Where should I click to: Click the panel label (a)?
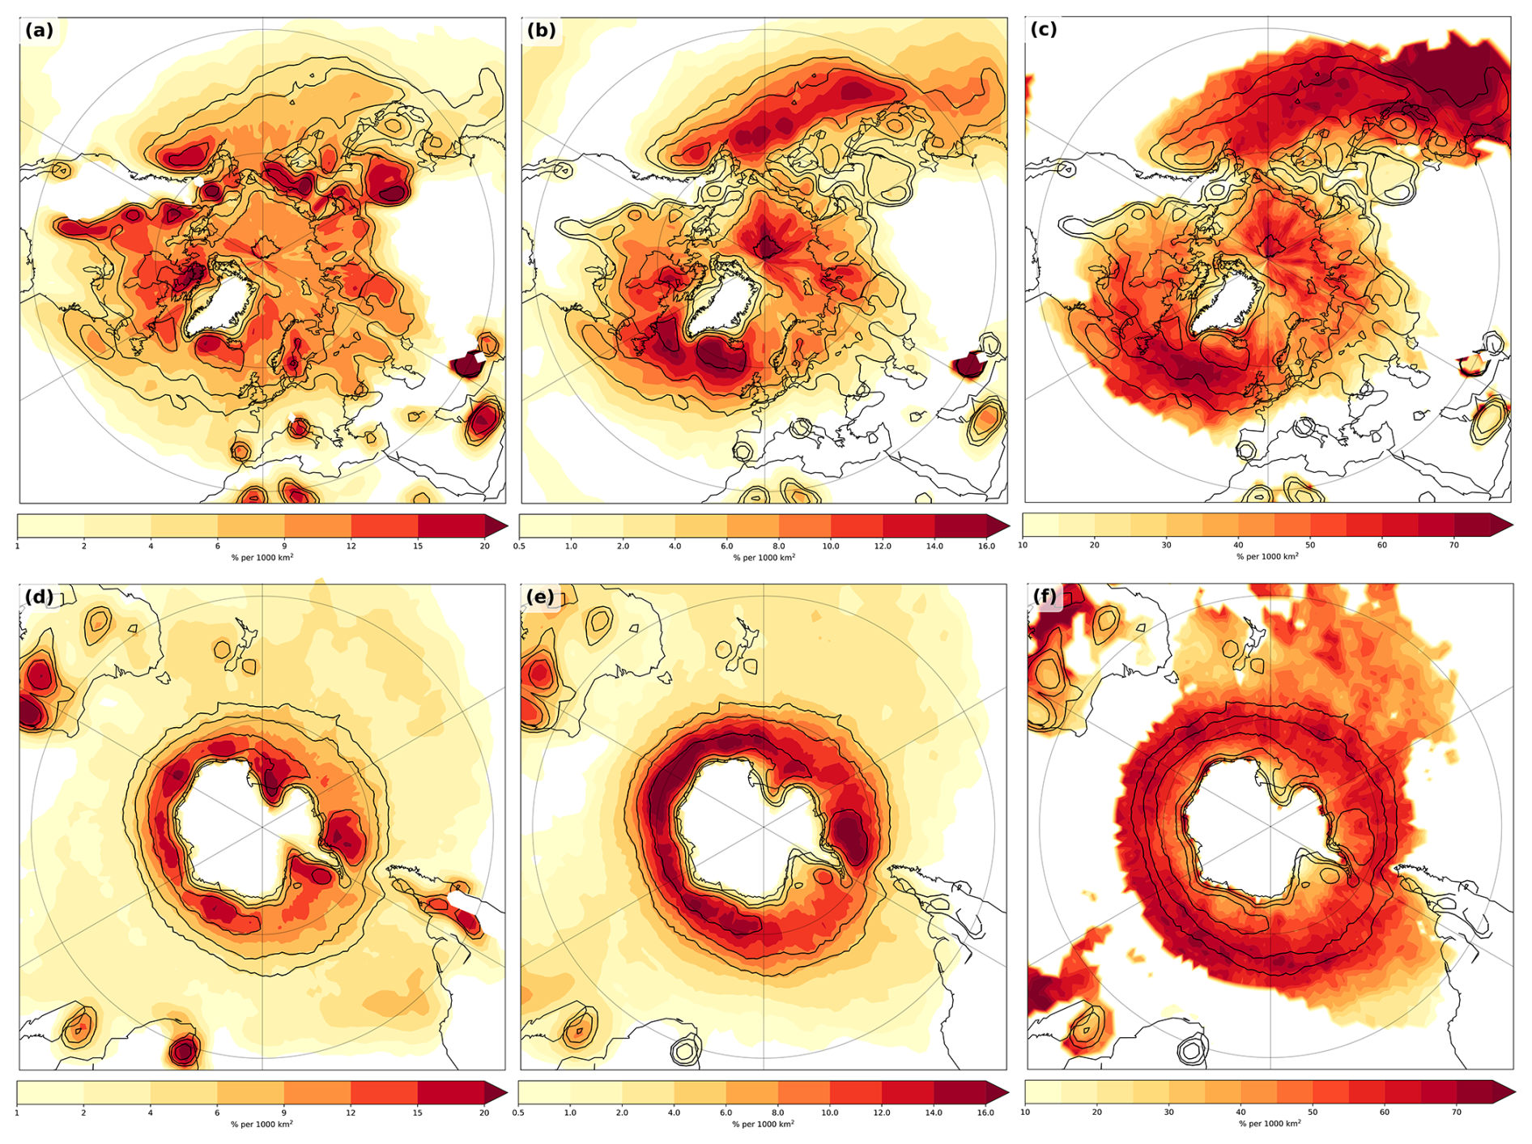[x=39, y=31]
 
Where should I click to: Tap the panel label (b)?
[x=541, y=31]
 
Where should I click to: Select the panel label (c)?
[x=1043, y=30]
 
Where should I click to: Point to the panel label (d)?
[x=39, y=598]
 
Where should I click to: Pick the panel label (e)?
[x=540, y=598]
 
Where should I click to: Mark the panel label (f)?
[x=1045, y=597]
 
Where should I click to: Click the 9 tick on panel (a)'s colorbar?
[x=284, y=546]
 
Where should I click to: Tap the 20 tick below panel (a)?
[x=484, y=546]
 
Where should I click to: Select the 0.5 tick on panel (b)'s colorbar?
[x=519, y=546]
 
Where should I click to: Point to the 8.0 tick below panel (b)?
[x=778, y=546]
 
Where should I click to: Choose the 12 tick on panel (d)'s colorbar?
[x=351, y=1113]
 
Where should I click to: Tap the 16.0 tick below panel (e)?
[x=985, y=1113]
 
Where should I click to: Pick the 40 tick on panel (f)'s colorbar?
[x=1240, y=1112]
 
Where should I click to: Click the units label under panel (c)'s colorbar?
[x=1267, y=557]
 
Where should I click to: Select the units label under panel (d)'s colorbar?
[x=262, y=1125]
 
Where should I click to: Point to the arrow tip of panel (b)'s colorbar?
[x=1007, y=526]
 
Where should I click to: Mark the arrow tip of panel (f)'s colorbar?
[x=1511, y=1092]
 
